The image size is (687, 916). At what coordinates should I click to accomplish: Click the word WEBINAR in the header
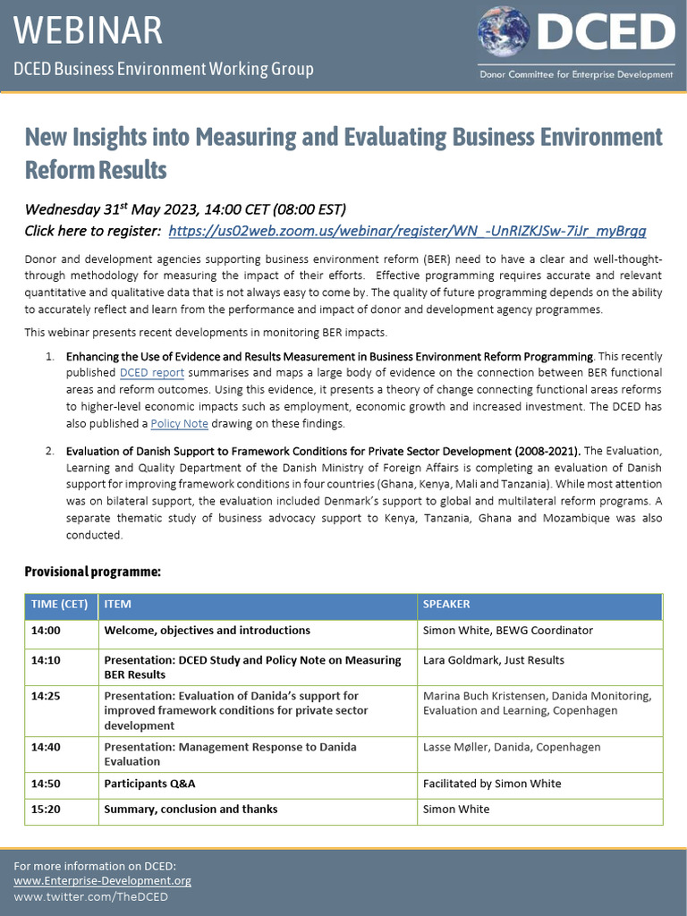[89, 30]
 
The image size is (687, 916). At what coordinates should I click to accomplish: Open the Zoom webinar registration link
[407, 231]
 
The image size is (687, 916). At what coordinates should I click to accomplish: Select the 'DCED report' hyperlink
[152, 372]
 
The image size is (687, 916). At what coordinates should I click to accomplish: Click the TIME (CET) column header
[59, 604]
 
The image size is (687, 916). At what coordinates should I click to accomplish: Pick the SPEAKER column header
[446, 604]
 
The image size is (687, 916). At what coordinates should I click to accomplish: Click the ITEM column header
[118, 604]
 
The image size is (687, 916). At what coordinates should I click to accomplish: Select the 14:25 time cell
[46, 695]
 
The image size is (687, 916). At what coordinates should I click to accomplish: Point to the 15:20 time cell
[46, 809]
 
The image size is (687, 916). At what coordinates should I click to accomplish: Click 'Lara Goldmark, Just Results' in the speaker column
[494, 660]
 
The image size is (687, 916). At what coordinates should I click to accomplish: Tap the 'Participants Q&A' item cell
[149, 784]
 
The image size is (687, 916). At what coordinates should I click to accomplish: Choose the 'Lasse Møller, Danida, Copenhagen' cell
[512, 747]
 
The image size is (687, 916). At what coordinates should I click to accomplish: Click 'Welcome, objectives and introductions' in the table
[207, 630]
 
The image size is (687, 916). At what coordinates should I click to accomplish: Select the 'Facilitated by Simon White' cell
[492, 784]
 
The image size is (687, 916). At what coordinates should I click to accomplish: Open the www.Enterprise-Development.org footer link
[103, 881]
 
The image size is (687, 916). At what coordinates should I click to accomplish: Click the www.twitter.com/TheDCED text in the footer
[91, 896]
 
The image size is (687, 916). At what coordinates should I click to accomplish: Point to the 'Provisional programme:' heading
[92, 571]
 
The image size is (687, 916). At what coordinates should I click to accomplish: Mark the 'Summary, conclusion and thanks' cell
[191, 809]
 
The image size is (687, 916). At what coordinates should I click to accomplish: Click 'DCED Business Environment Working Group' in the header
[164, 69]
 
